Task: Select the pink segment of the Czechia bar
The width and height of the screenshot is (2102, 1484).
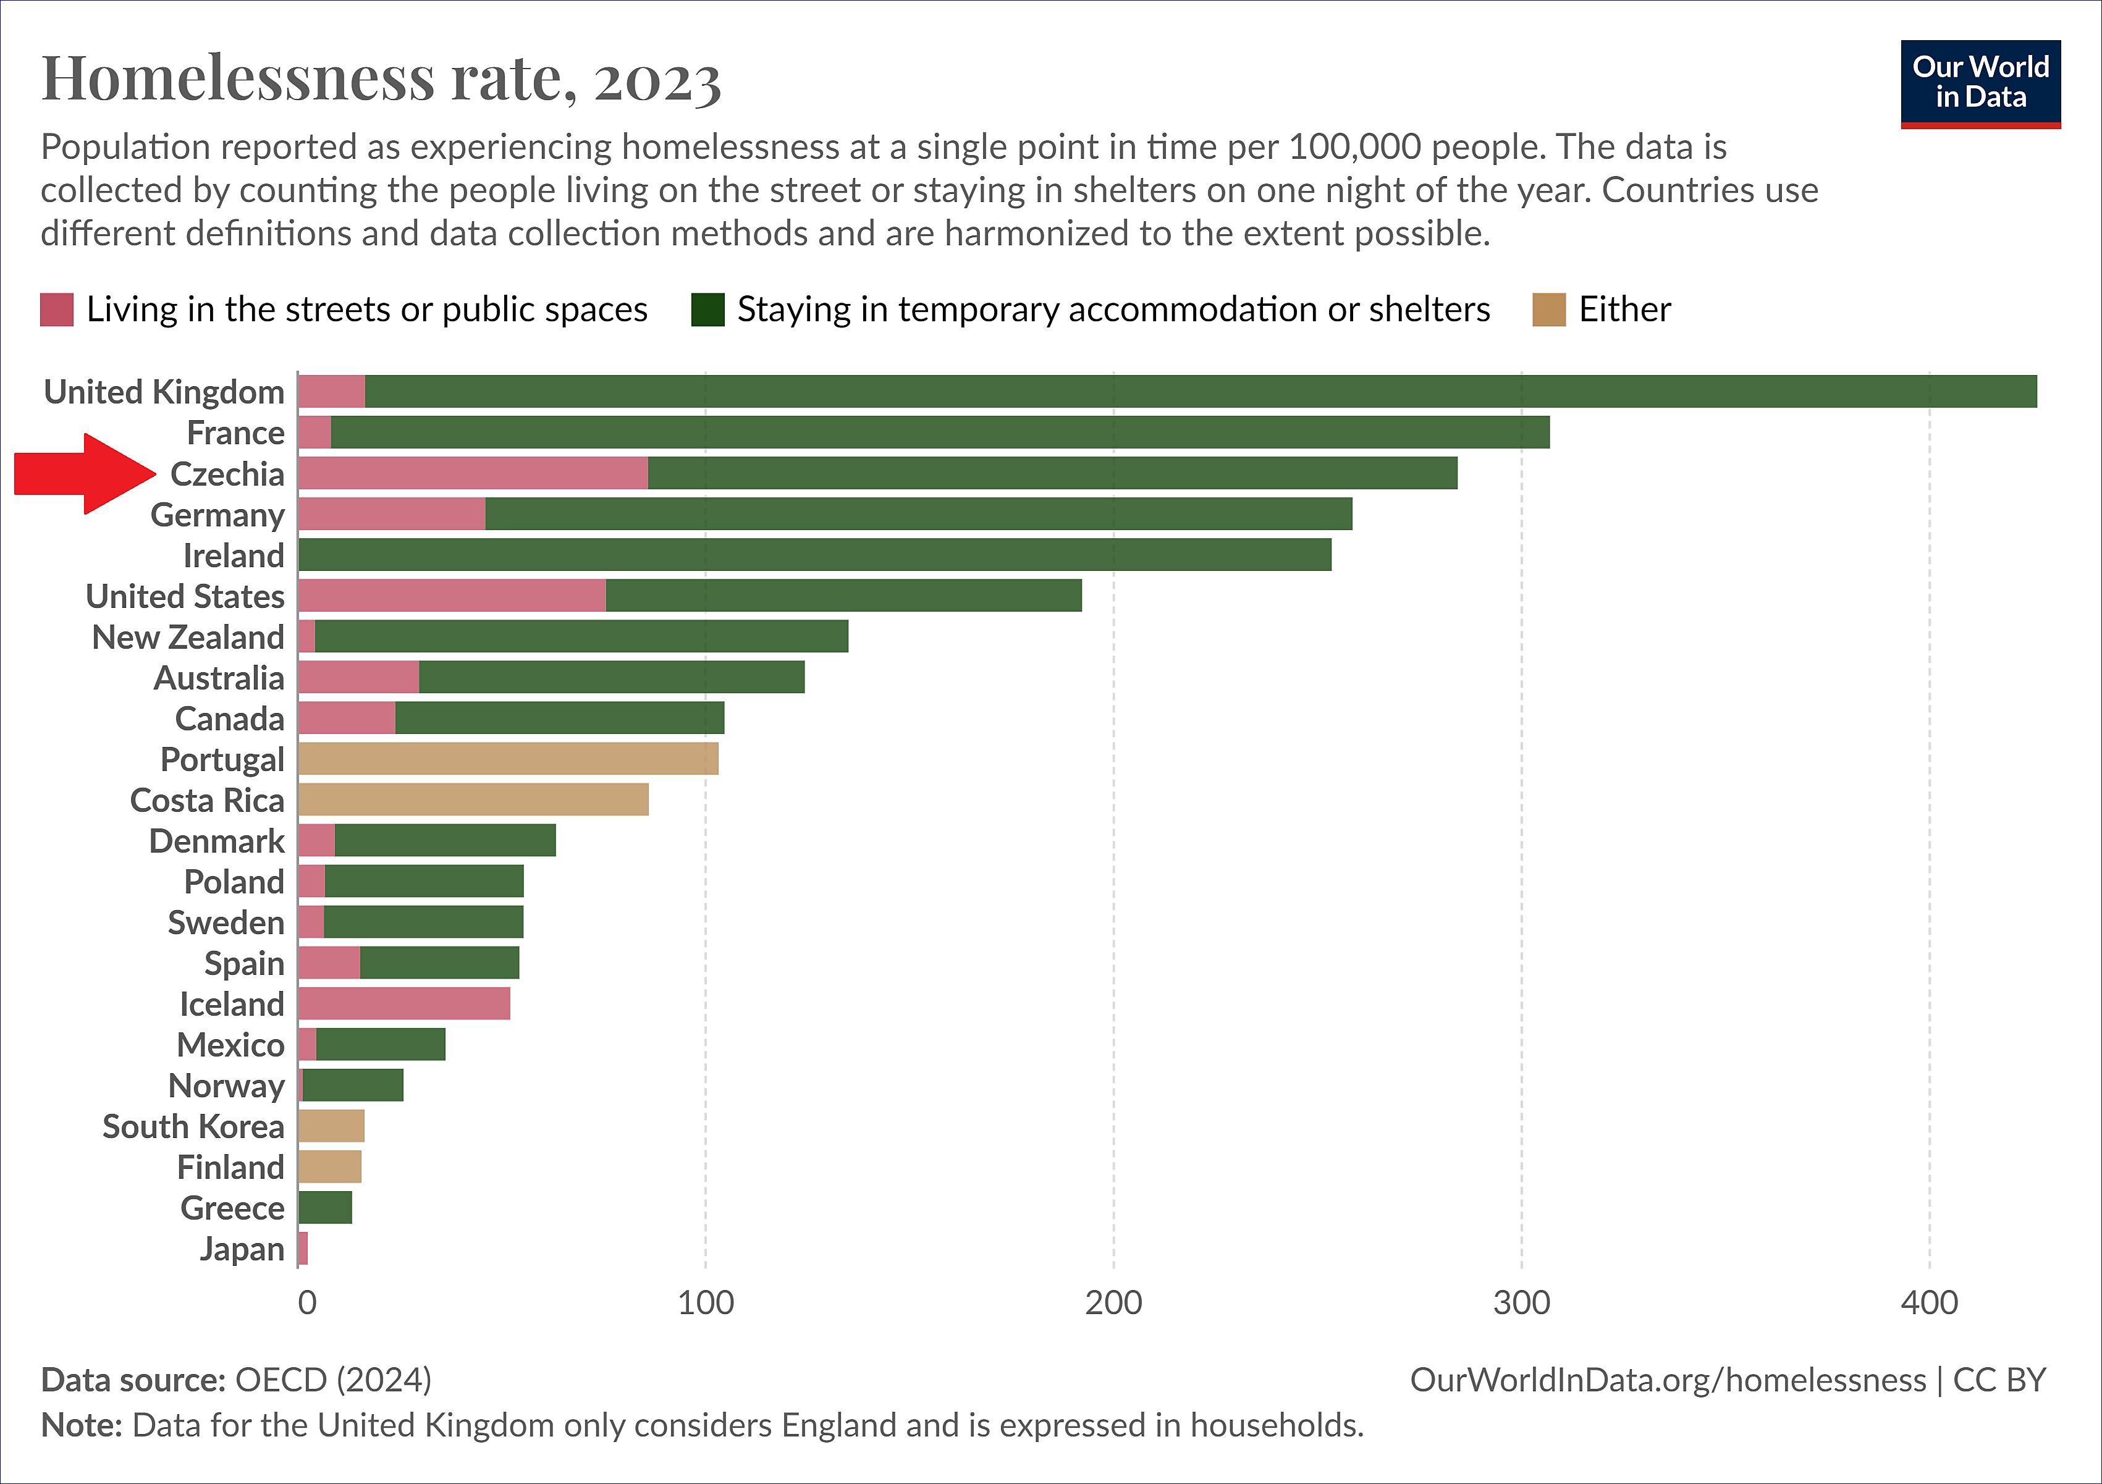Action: click(x=473, y=473)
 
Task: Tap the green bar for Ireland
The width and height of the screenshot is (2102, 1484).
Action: click(x=815, y=555)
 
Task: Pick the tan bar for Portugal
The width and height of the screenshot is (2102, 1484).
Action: click(x=508, y=759)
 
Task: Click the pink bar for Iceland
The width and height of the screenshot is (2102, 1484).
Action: click(x=403, y=1005)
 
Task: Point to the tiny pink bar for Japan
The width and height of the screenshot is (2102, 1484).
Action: click(x=303, y=1249)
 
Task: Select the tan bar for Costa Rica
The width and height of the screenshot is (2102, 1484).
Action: click(x=473, y=800)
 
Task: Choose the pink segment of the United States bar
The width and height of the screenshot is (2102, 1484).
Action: click(x=452, y=596)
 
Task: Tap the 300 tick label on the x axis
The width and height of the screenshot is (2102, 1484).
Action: click(x=1522, y=1304)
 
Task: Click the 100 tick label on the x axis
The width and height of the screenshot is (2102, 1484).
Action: click(x=705, y=1304)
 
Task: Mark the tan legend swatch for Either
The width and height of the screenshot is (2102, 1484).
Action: click(x=1549, y=310)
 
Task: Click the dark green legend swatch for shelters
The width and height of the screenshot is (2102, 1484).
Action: click(x=707, y=310)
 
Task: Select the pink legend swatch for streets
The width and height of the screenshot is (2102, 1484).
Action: click(x=57, y=310)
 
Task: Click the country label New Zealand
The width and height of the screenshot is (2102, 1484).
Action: click(x=188, y=637)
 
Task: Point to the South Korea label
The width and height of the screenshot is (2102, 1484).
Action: click(x=193, y=1127)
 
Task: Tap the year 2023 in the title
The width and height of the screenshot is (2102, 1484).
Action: click(x=657, y=80)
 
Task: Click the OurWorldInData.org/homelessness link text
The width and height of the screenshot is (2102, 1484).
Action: click(x=1667, y=1380)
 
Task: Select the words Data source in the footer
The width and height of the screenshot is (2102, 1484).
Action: click(x=133, y=1380)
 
